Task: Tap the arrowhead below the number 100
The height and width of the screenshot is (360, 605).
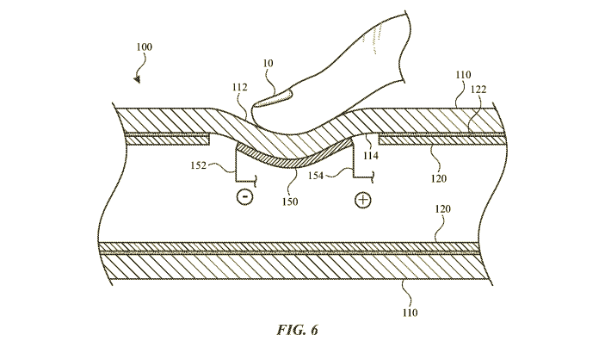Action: pyautogui.click(x=135, y=79)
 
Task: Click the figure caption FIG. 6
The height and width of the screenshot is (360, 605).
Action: pyautogui.click(x=303, y=328)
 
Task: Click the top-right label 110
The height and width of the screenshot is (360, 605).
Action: pyautogui.click(x=464, y=76)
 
